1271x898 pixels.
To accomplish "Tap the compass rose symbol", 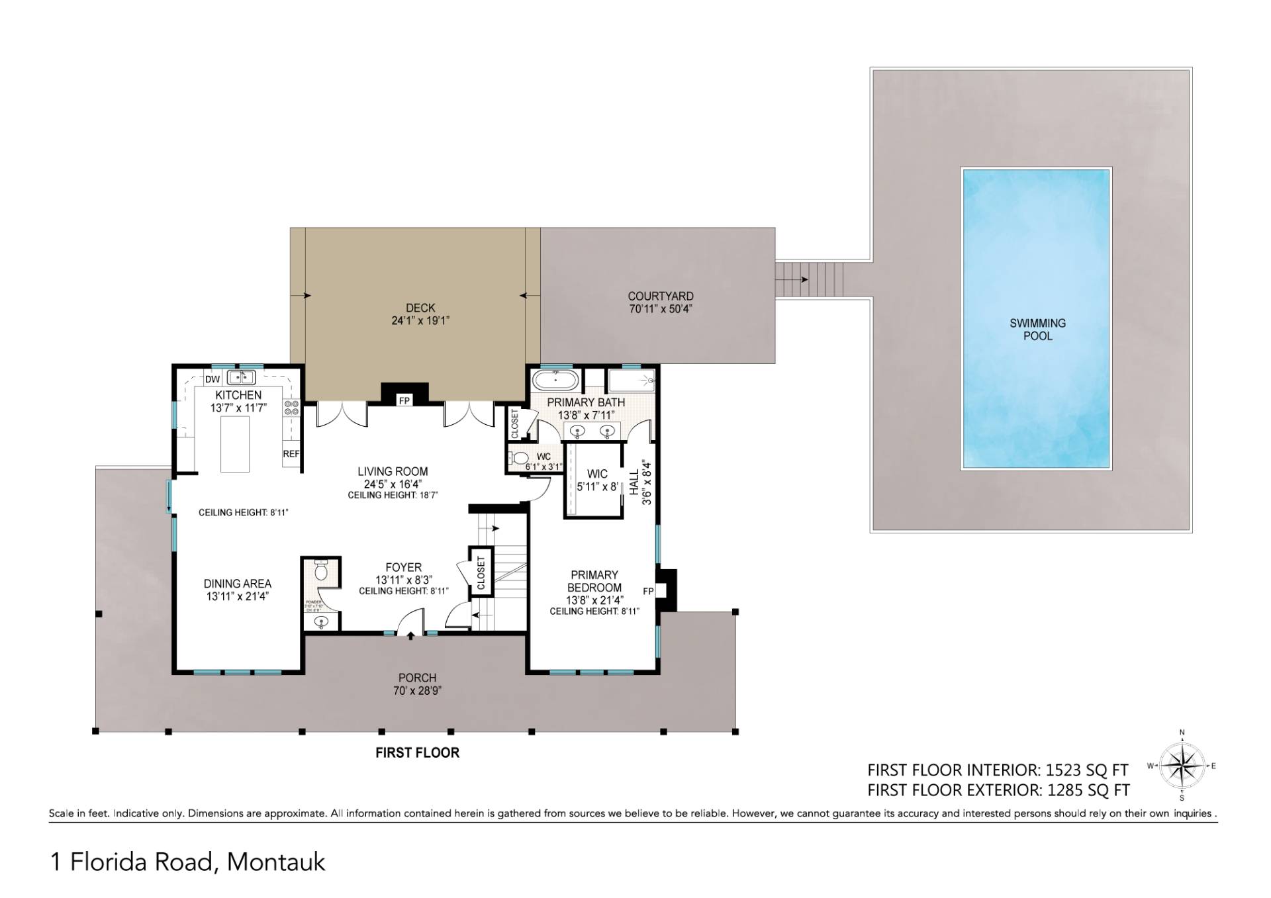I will coord(1182,766).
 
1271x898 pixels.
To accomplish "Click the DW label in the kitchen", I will coord(212,379).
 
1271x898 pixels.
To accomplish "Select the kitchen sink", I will coord(242,377).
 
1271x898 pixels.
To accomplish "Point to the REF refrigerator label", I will coord(291,454).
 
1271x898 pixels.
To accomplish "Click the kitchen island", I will coord(234,444).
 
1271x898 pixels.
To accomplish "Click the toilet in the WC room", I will coord(520,457).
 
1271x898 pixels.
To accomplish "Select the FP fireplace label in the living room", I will coord(403,401).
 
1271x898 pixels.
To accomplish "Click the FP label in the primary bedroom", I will coord(648,591).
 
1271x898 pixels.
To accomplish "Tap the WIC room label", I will coord(597,474).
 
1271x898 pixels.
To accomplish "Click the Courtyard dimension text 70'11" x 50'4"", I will coord(661,309).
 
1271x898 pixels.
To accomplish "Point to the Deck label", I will coord(420,308).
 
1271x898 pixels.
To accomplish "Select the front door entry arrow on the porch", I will coord(411,636).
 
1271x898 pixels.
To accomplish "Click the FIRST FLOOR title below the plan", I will coord(417,752).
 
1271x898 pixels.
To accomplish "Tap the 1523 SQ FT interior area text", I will coord(1086,770).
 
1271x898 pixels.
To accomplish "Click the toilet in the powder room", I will coord(321,571).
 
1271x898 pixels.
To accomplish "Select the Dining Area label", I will coord(237,584).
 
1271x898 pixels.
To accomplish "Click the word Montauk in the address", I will coord(276,862).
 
